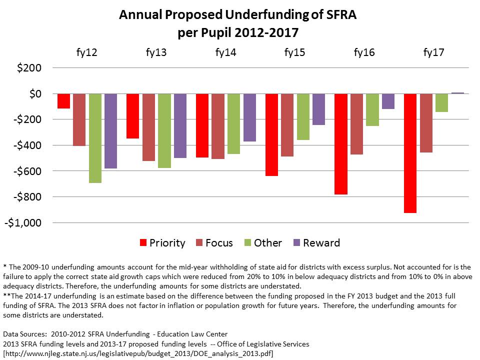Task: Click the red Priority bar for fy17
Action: (410, 153)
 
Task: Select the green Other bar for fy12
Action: (95, 138)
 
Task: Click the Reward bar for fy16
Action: (388, 101)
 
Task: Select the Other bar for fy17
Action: (441, 102)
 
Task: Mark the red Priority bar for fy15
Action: (271, 134)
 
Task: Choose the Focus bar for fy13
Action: (148, 127)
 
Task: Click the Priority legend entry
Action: (162, 243)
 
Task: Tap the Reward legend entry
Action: (316, 243)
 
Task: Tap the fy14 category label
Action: (225, 52)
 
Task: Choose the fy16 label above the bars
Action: (364, 52)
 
